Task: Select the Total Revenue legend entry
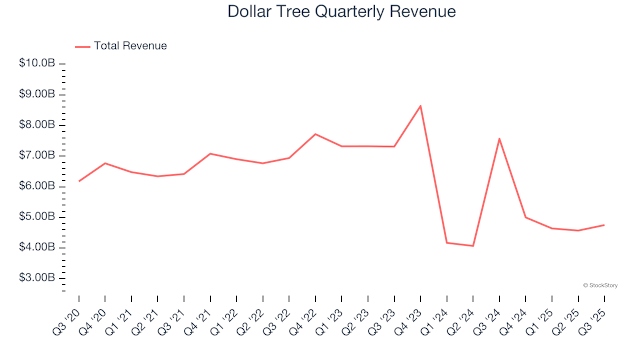129,46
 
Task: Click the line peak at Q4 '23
420,106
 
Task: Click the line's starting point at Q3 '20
79,181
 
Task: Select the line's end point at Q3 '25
604,225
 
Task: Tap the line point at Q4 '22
315,134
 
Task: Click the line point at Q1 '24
447,243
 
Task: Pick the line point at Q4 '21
210,153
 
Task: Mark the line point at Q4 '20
105,163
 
